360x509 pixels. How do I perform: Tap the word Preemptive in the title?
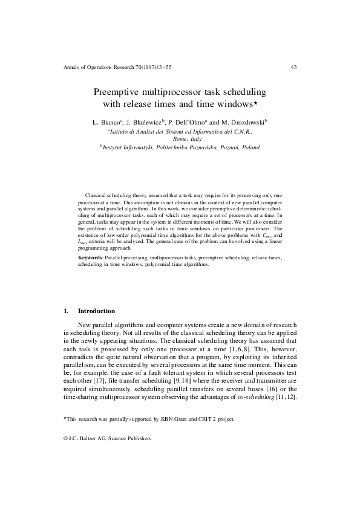[117, 92]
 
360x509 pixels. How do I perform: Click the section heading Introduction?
[97, 311]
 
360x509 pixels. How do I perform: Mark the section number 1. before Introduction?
[66, 311]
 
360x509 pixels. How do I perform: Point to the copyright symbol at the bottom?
[65, 439]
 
